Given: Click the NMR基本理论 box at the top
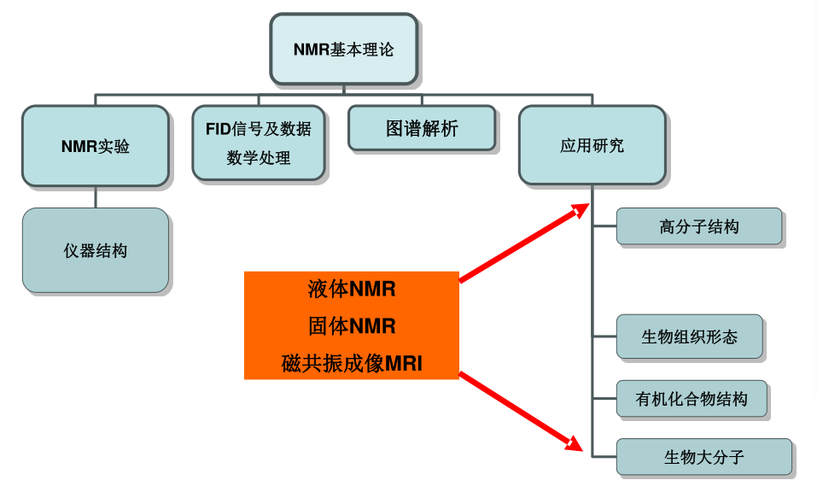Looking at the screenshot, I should [x=344, y=49].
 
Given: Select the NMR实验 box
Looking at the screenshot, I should [x=95, y=145].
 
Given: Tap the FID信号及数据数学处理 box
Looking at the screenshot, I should [x=258, y=143].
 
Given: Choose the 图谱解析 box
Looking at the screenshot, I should [x=422, y=128].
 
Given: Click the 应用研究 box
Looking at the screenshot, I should [x=592, y=145].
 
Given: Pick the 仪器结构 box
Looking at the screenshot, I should [x=95, y=250].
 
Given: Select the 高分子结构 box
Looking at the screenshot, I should [x=698, y=226].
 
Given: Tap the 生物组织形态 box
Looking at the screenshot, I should [x=689, y=337].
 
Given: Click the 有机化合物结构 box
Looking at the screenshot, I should [x=691, y=399].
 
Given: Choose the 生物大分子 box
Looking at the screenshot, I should [x=703, y=457].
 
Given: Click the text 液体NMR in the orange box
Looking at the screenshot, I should [x=352, y=289].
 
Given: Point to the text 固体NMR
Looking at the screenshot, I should [x=352, y=325].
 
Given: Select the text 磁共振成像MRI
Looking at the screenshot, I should [x=352, y=364].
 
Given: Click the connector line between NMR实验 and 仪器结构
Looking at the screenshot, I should [x=95, y=197].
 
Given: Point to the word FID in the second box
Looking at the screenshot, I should [x=219, y=129].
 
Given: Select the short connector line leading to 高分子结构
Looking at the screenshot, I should [x=604, y=226].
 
